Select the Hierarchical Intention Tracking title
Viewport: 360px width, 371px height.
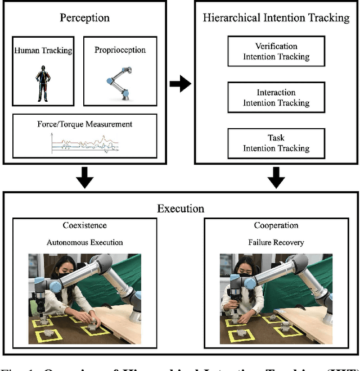point(276,17)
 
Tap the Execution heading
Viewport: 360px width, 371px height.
point(180,209)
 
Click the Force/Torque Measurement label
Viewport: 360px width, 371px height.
point(84,123)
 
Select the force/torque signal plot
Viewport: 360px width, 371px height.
point(84,143)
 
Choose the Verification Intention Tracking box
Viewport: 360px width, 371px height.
point(276,51)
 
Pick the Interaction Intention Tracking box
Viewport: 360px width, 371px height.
point(276,97)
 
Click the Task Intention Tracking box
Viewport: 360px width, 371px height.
point(276,143)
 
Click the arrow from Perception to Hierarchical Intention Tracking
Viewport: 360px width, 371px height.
point(180,84)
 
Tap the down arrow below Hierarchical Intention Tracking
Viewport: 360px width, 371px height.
point(276,178)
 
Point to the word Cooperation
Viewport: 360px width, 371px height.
point(276,225)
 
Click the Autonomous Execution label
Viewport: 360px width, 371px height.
point(84,242)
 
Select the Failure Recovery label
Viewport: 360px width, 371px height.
point(276,242)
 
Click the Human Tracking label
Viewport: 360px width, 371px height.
point(43,51)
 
